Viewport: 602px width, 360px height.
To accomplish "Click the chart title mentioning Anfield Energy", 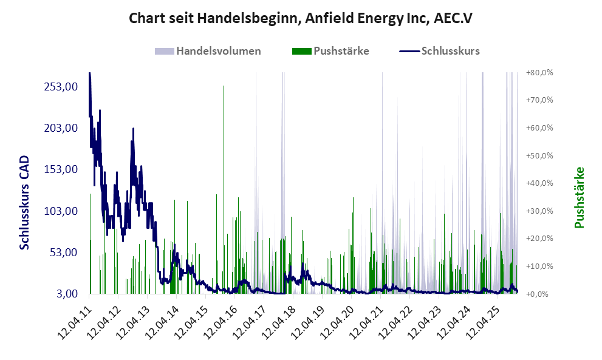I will click(301, 18).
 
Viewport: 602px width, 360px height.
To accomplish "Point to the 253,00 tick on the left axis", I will click(61, 86).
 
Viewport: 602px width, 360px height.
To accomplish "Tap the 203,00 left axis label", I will click(61, 128).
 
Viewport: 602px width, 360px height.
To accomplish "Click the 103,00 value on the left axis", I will click(61, 211).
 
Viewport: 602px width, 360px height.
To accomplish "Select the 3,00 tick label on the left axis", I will click(65, 294).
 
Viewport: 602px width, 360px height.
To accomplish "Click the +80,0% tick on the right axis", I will click(539, 72).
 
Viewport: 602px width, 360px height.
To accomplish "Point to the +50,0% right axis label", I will click(539, 155).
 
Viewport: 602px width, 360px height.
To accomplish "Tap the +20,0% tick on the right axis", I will click(539, 239).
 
